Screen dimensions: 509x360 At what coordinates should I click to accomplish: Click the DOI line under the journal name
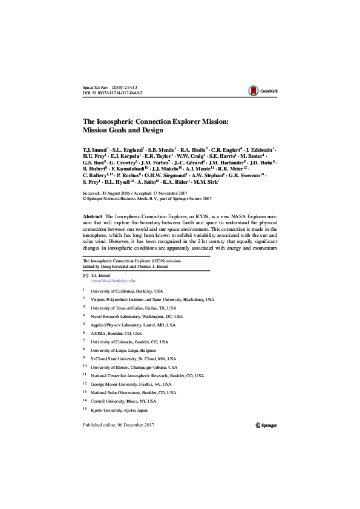113,94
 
